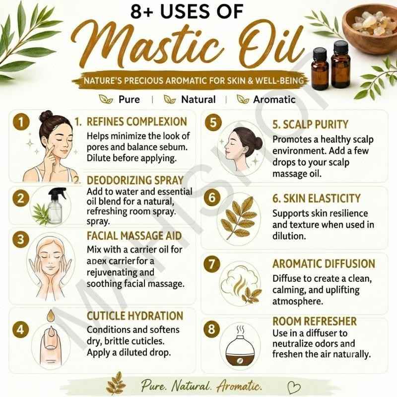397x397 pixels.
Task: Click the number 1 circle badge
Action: tap(21, 122)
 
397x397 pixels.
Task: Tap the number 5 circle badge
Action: tap(213, 123)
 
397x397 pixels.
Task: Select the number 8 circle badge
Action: tap(212, 329)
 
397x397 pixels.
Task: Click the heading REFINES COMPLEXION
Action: tap(137, 122)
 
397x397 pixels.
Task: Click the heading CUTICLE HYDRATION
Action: tap(135, 316)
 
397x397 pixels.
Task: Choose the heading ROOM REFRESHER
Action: tap(315, 321)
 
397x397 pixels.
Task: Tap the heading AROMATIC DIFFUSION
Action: tap(324, 264)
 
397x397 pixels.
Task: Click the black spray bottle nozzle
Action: tap(57, 193)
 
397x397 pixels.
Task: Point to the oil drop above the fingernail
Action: tap(51, 316)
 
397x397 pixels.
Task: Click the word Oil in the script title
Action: tap(271, 46)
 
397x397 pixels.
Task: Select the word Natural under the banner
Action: tap(198, 100)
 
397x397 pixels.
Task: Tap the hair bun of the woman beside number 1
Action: tap(46, 116)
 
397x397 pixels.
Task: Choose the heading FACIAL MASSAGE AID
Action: tap(134, 236)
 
